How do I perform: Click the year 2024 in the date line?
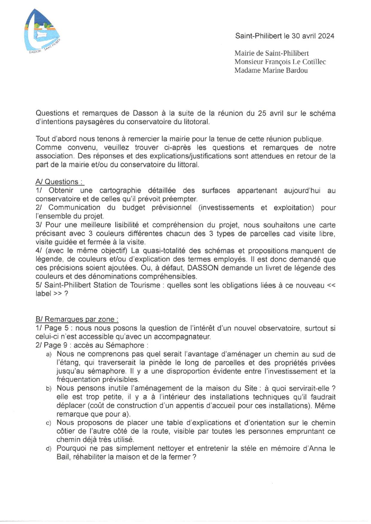click(x=326, y=36)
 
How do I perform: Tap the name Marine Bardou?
click(x=285, y=71)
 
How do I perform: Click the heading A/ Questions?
click(x=60, y=182)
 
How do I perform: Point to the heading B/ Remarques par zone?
click(x=77, y=319)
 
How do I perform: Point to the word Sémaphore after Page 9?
click(x=125, y=345)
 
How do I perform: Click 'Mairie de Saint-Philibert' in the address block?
click(x=271, y=53)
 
